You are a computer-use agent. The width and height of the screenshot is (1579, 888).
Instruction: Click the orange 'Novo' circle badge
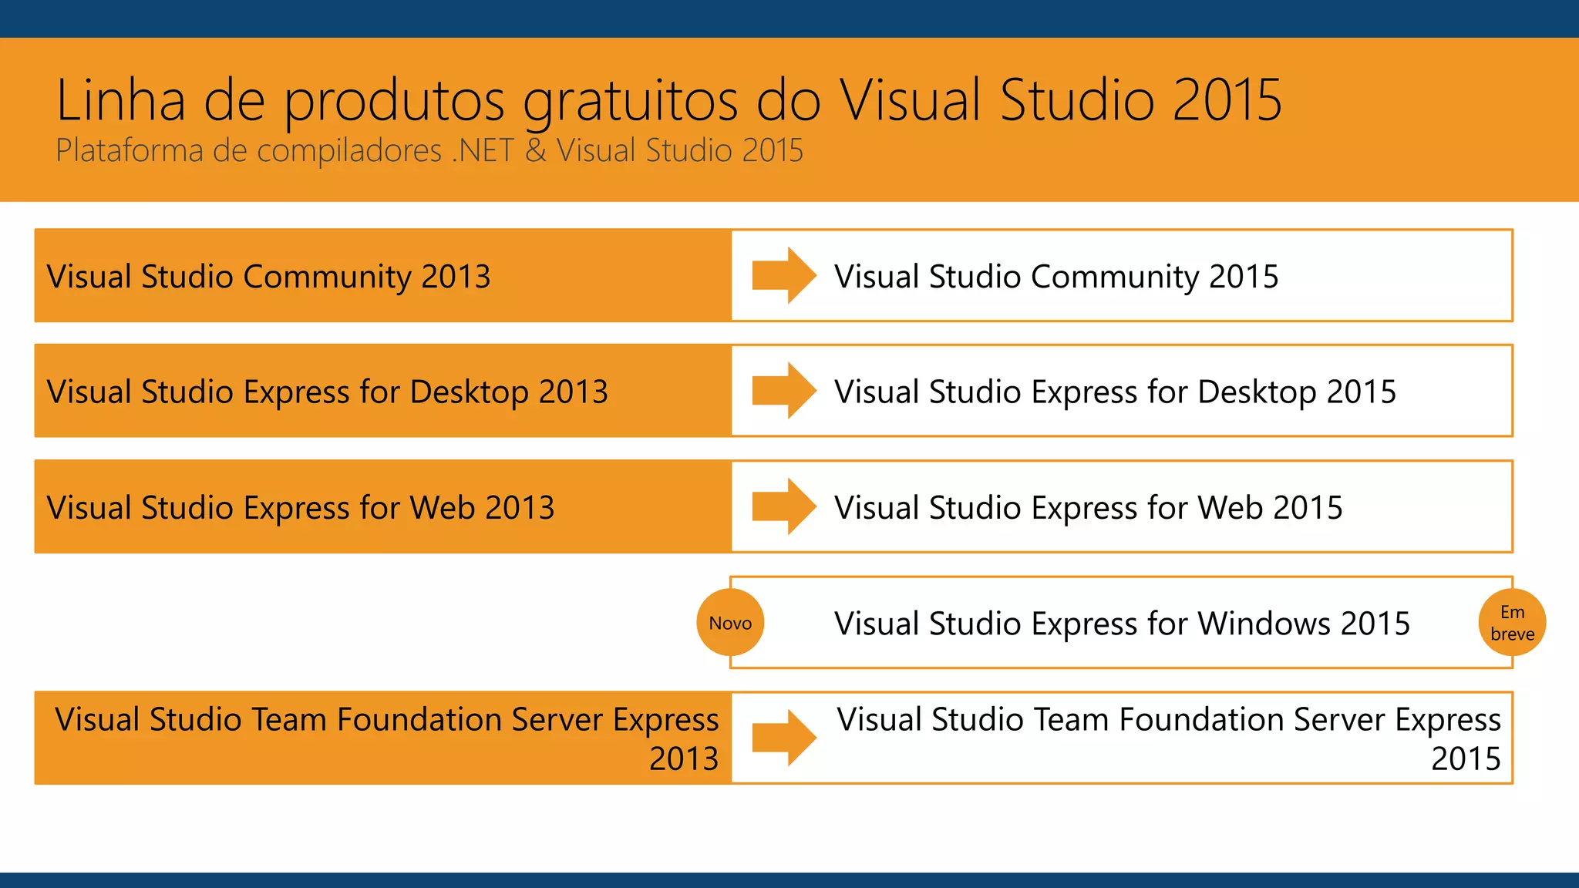[x=730, y=623]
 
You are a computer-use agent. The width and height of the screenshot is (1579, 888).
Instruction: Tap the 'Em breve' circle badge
[x=1512, y=623]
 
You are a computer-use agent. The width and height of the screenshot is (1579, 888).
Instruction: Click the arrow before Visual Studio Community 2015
[x=783, y=275]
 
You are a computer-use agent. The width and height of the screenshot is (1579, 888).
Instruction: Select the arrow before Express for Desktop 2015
[x=783, y=391]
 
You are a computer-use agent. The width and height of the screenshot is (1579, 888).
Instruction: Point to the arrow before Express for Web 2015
[x=783, y=506]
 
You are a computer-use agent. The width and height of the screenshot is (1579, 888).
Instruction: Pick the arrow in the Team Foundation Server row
[x=783, y=738]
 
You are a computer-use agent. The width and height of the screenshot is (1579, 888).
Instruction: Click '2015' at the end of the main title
[x=1227, y=100]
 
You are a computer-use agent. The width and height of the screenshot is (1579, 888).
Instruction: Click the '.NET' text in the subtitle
[x=483, y=150]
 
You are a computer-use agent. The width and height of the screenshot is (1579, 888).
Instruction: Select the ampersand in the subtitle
[x=536, y=150]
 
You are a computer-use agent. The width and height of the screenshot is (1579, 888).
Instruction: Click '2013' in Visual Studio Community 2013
[x=456, y=276]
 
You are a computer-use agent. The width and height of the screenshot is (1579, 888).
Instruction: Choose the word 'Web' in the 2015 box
[x=1231, y=507]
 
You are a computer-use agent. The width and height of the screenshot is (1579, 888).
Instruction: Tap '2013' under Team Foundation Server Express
[x=683, y=758]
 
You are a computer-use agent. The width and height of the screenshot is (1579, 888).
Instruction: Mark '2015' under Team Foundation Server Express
[x=1466, y=758]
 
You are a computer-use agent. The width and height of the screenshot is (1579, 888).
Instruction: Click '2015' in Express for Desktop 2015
[x=1361, y=392]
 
